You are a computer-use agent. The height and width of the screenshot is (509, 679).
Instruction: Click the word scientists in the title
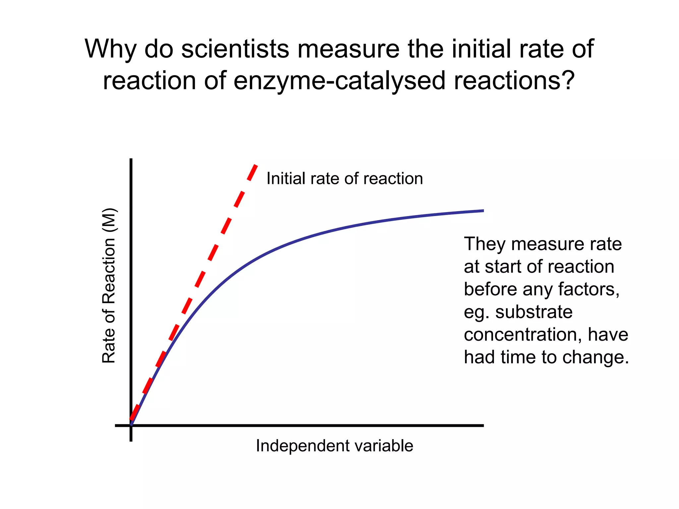pos(235,49)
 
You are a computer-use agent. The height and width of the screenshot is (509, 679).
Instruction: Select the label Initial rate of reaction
pos(344,179)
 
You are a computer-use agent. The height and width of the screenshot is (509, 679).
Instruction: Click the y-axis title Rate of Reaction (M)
pos(109,286)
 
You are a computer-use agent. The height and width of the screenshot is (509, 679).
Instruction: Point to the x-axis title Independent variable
pos(334,446)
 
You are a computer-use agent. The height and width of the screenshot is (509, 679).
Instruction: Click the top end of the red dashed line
pos(256,165)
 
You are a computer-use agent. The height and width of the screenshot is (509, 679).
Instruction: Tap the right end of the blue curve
pos(482,211)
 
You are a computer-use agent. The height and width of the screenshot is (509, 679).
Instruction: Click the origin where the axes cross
pos(131,425)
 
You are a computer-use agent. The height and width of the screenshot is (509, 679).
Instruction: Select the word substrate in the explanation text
pos(534,312)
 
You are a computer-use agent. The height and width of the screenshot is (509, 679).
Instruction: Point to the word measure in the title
pos(348,49)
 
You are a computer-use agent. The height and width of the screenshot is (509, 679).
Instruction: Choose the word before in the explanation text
pos(490,289)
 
